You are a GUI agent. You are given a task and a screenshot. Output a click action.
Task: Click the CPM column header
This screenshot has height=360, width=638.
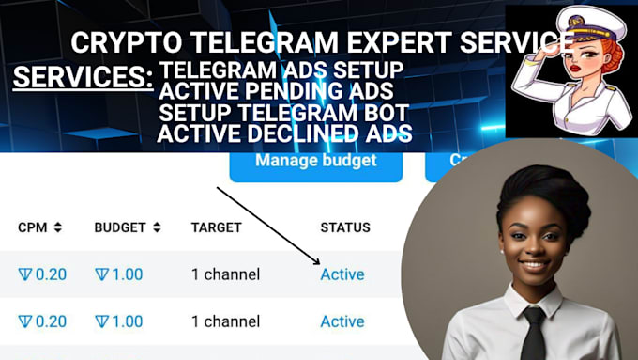34,227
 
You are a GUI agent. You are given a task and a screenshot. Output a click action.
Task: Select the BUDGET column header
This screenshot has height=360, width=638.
121,227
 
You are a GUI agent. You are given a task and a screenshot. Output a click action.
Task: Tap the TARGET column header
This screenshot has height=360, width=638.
216,227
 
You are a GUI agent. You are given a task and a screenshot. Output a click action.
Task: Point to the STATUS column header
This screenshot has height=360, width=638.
345,227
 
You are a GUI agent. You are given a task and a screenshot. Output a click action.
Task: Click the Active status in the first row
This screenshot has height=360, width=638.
342,274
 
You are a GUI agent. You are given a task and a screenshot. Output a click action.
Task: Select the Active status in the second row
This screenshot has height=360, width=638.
342,321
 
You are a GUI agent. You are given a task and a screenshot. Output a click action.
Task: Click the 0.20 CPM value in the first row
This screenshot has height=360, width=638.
42,274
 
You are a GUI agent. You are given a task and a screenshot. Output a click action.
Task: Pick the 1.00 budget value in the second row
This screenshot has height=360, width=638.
119,321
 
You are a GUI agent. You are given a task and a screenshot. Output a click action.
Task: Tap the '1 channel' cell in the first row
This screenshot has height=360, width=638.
225,274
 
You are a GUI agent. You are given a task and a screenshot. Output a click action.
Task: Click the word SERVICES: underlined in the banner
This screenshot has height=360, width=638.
83,77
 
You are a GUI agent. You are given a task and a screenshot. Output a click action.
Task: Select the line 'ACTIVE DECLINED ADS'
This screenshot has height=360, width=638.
285,133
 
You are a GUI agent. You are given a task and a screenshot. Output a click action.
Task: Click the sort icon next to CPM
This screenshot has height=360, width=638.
58,227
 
